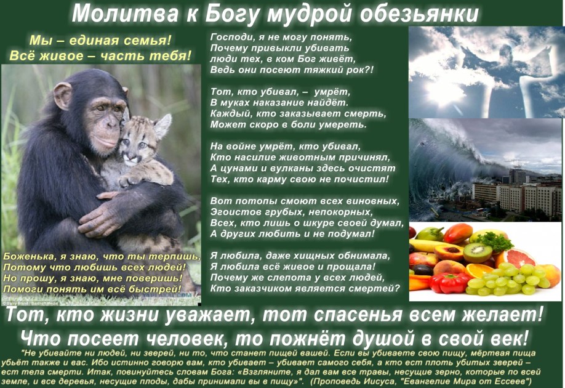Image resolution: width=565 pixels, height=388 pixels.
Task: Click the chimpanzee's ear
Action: [63, 96]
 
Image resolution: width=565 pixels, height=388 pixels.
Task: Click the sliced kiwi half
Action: [478, 252]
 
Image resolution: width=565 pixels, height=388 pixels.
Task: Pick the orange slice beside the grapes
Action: [478, 270]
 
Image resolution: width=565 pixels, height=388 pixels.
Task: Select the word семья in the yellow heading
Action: [147, 41]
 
